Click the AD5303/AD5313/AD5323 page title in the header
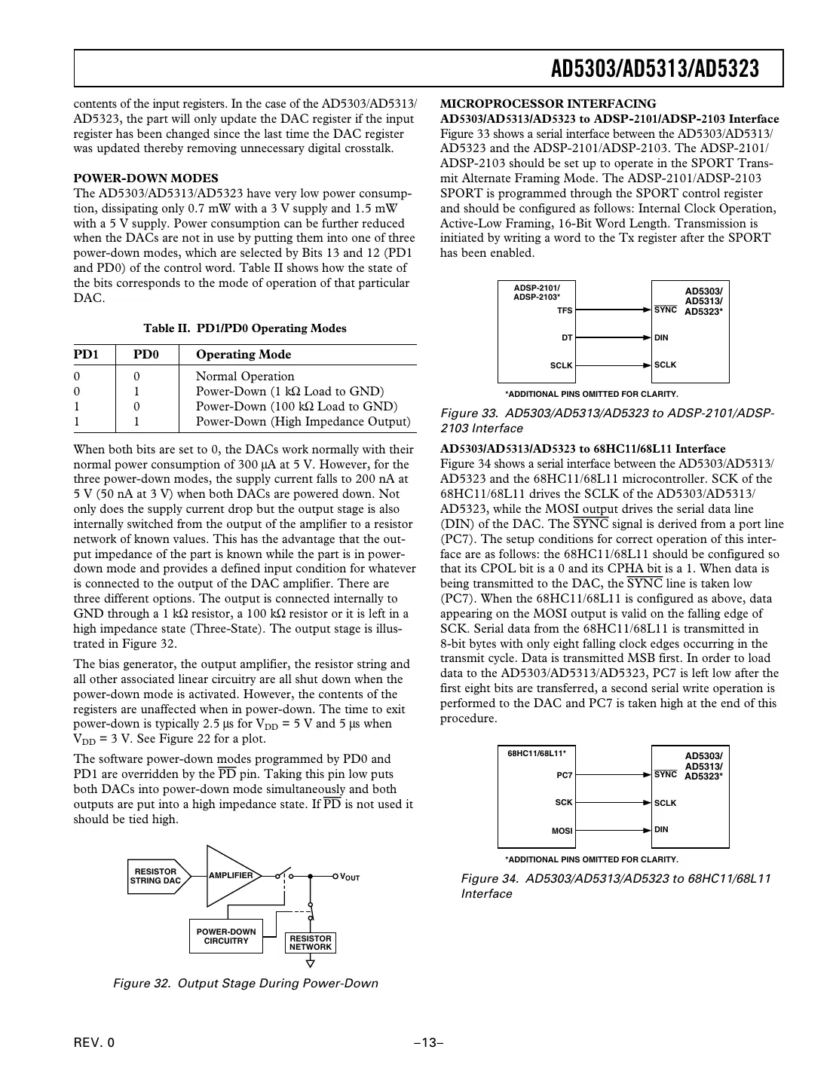coord(654,69)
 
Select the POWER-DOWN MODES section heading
coord(145,178)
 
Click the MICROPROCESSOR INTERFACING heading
coord(548,104)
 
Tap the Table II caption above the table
coord(245,328)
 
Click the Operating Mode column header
coord(243,355)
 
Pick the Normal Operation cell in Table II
coord(245,377)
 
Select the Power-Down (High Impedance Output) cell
coord(302,422)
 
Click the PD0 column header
coord(146,355)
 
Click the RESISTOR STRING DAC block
coord(156,876)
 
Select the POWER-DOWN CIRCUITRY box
coord(225,936)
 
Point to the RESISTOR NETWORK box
coord(311,943)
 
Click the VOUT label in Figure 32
coord(350,877)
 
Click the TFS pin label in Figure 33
coord(564,310)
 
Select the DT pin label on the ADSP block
coord(567,338)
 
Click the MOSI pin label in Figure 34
coord(562,831)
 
